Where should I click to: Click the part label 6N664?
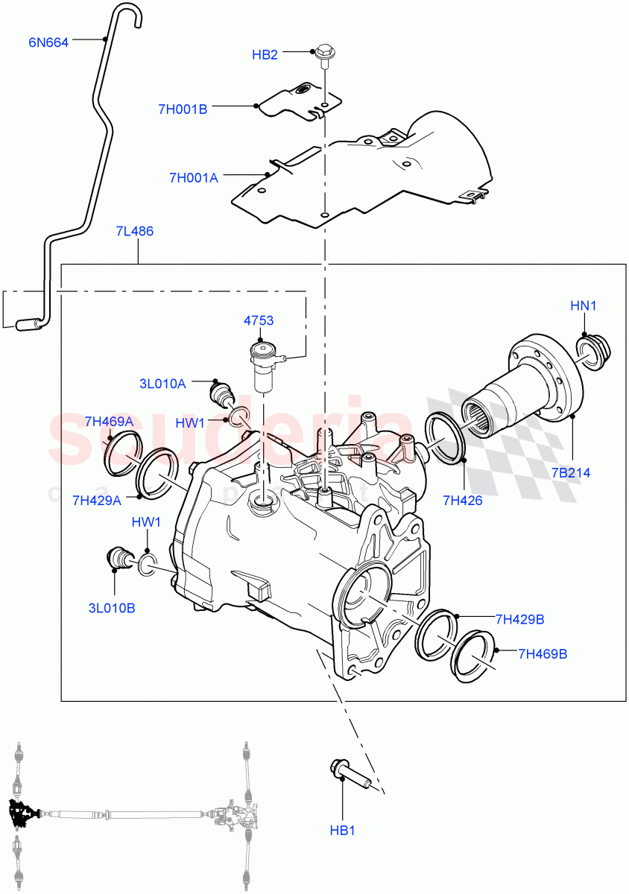[x=48, y=42]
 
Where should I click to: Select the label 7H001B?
[x=182, y=109]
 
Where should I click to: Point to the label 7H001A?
[x=193, y=177]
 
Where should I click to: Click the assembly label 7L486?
[x=135, y=231]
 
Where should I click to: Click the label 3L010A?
[x=162, y=384]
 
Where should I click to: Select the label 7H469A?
[x=109, y=422]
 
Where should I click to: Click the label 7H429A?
[x=98, y=500]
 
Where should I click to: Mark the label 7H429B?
[x=519, y=619]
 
